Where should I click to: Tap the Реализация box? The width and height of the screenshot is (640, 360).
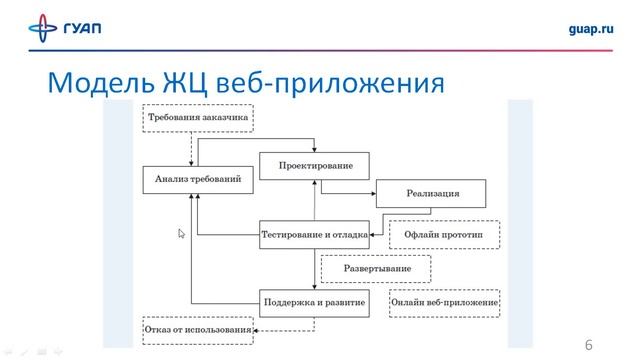pyautogui.click(x=432, y=194)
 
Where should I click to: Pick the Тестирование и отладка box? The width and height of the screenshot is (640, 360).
pyautogui.click(x=315, y=235)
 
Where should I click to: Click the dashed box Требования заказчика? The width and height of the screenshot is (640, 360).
pyautogui.click(x=198, y=118)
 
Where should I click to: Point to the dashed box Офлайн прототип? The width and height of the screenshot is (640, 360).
pyautogui.click(x=445, y=235)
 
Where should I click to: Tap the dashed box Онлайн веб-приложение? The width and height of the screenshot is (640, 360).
pyautogui.click(x=445, y=301)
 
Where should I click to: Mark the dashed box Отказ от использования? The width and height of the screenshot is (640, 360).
pyautogui.click(x=198, y=331)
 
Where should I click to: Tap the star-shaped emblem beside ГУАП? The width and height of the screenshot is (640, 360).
pyautogui.click(x=42, y=30)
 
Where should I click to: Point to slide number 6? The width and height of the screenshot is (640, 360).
pyautogui.click(x=589, y=345)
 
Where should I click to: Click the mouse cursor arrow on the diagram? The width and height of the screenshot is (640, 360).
pyautogui.click(x=181, y=233)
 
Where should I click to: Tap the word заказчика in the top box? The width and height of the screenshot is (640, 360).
pyautogui.click(x=222, y=118)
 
